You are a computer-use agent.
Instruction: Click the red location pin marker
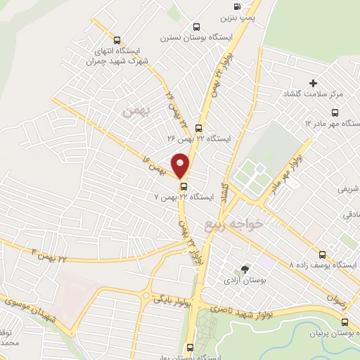[x=181, y=164]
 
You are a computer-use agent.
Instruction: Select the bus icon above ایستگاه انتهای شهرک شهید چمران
[x=117, y=40]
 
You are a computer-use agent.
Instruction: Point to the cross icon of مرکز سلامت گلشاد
[x=313, y=83]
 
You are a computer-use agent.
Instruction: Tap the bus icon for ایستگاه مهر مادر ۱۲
[x=334, y=112]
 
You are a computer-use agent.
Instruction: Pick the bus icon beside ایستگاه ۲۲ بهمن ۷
[x=184, y=186]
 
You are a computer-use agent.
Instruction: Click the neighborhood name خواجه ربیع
[x=233, y=224]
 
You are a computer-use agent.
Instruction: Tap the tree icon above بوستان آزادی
[x=245, y=269]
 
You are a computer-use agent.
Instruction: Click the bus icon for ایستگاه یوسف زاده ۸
[x=322, y=255]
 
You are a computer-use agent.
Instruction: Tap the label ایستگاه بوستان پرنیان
[x=323, y=332]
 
